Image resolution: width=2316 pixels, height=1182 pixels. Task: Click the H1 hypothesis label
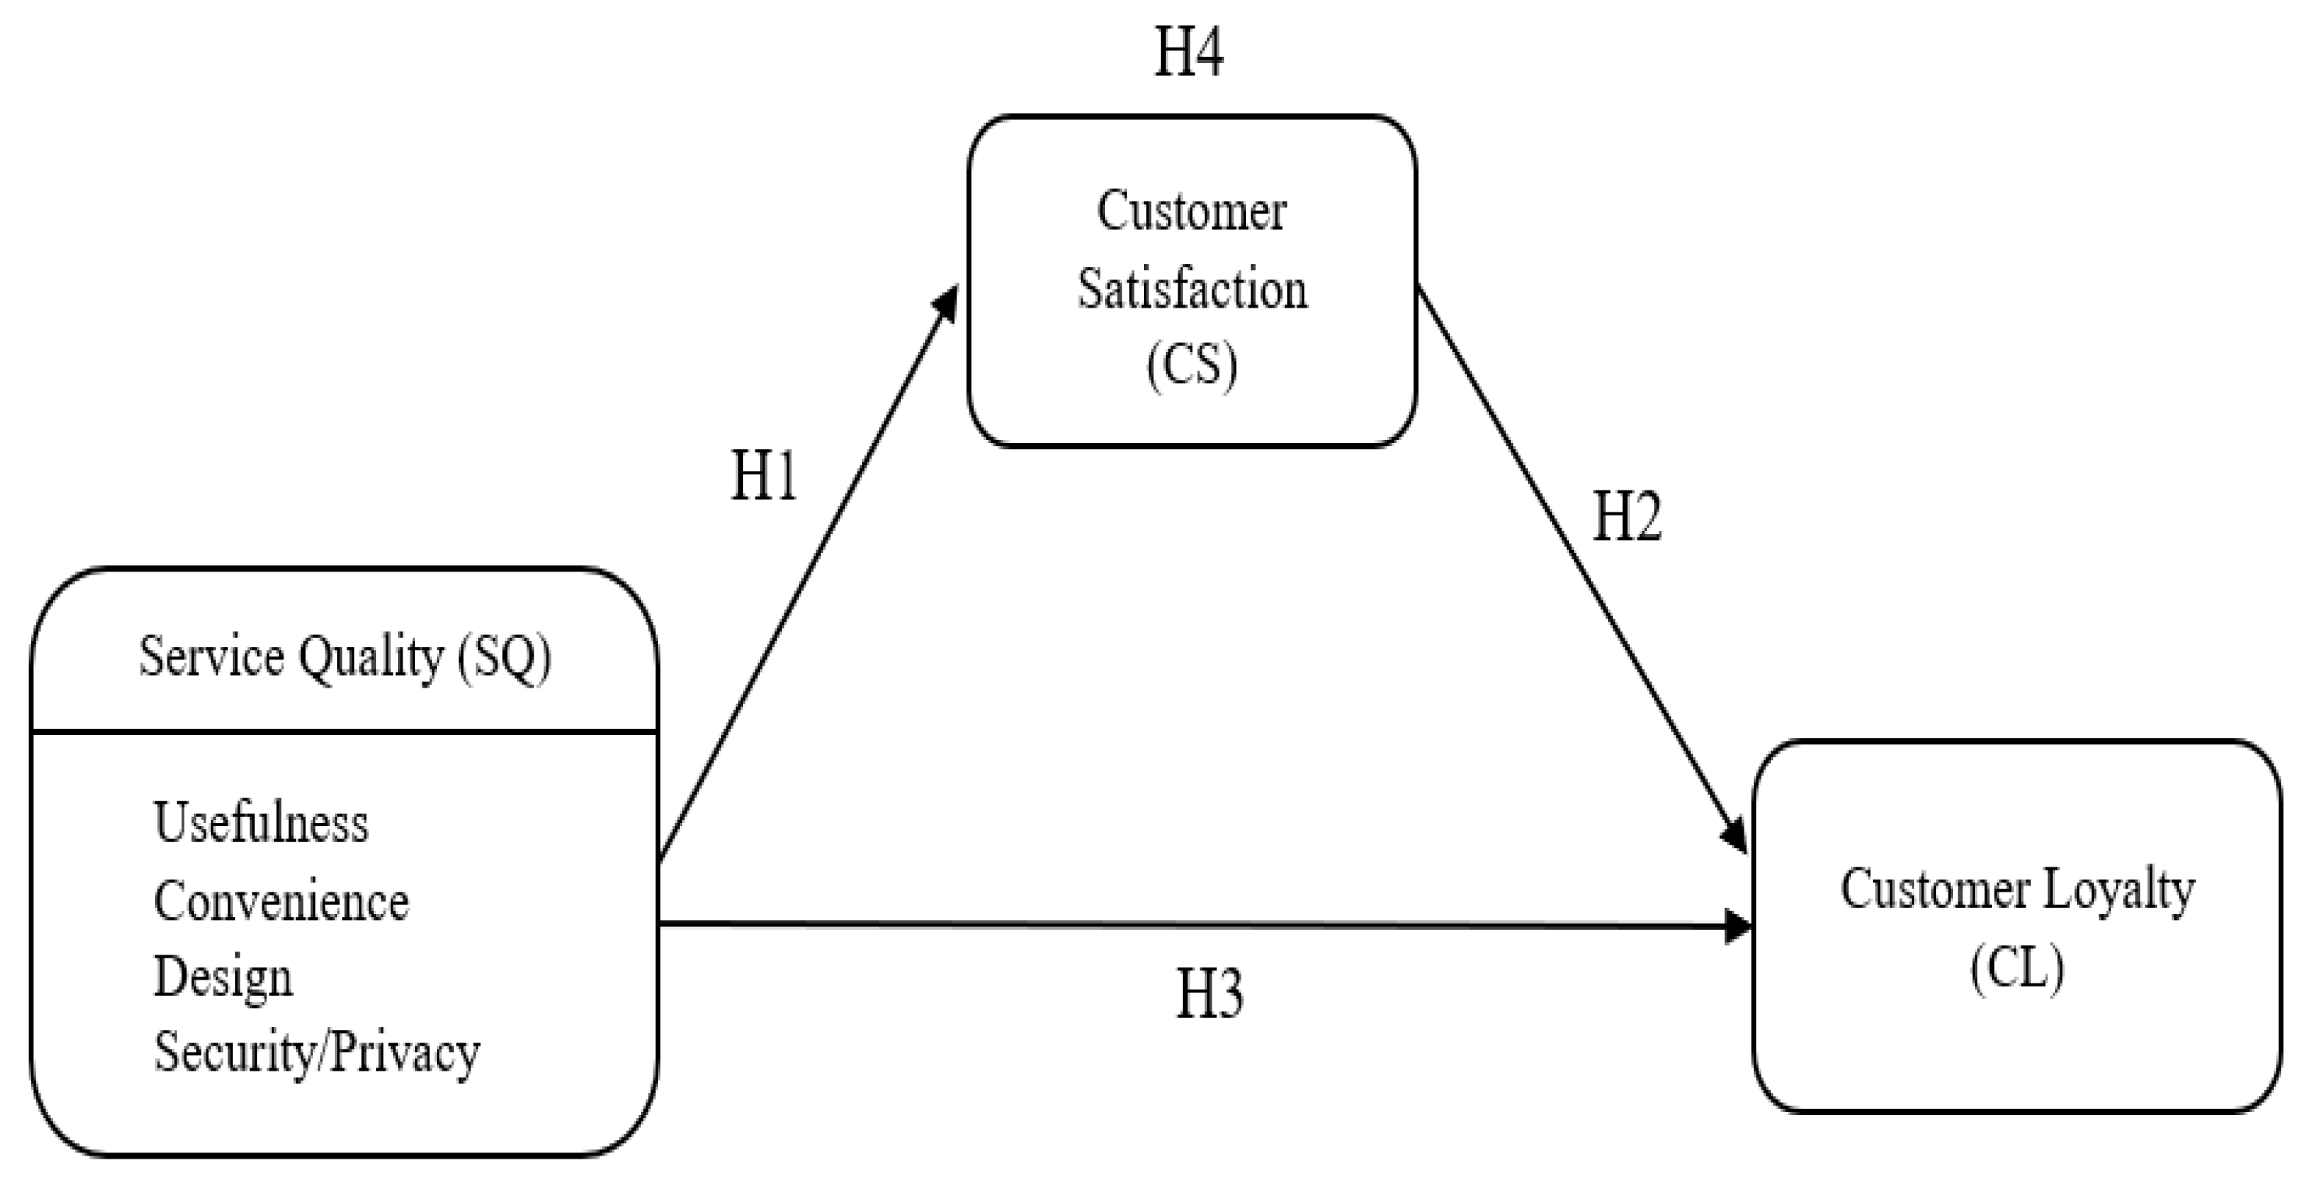(x=763, y=476)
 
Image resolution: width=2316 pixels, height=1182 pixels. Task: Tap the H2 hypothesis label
(x=1626, y=518)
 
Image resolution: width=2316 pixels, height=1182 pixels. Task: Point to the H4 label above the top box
(x=1188, y=52)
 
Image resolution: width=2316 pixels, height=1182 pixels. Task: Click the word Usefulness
(x=261, y=822)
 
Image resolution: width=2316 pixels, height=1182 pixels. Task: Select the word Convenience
(x=281, y=901)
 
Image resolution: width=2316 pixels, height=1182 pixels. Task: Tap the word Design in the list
(x=223, y=977)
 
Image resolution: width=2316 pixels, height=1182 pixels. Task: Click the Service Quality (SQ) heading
(x=344, y=657)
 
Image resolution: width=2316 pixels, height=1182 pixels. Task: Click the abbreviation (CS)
(x=1191, y=365)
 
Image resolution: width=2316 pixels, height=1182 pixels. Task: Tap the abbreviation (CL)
(x=2017, y=969)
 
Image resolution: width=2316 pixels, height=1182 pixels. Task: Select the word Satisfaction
(x=1192, y=290)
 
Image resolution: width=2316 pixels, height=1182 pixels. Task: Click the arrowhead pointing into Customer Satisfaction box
(x=948, y=301)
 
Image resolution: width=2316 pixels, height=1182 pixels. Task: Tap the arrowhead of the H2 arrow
(x=1735, y=836)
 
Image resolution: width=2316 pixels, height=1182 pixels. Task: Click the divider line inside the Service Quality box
(x=344, y=732)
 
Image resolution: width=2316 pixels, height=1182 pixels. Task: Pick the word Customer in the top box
(x=1191, y=212)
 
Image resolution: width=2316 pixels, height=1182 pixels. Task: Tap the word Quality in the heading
(x=371, y=657)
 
